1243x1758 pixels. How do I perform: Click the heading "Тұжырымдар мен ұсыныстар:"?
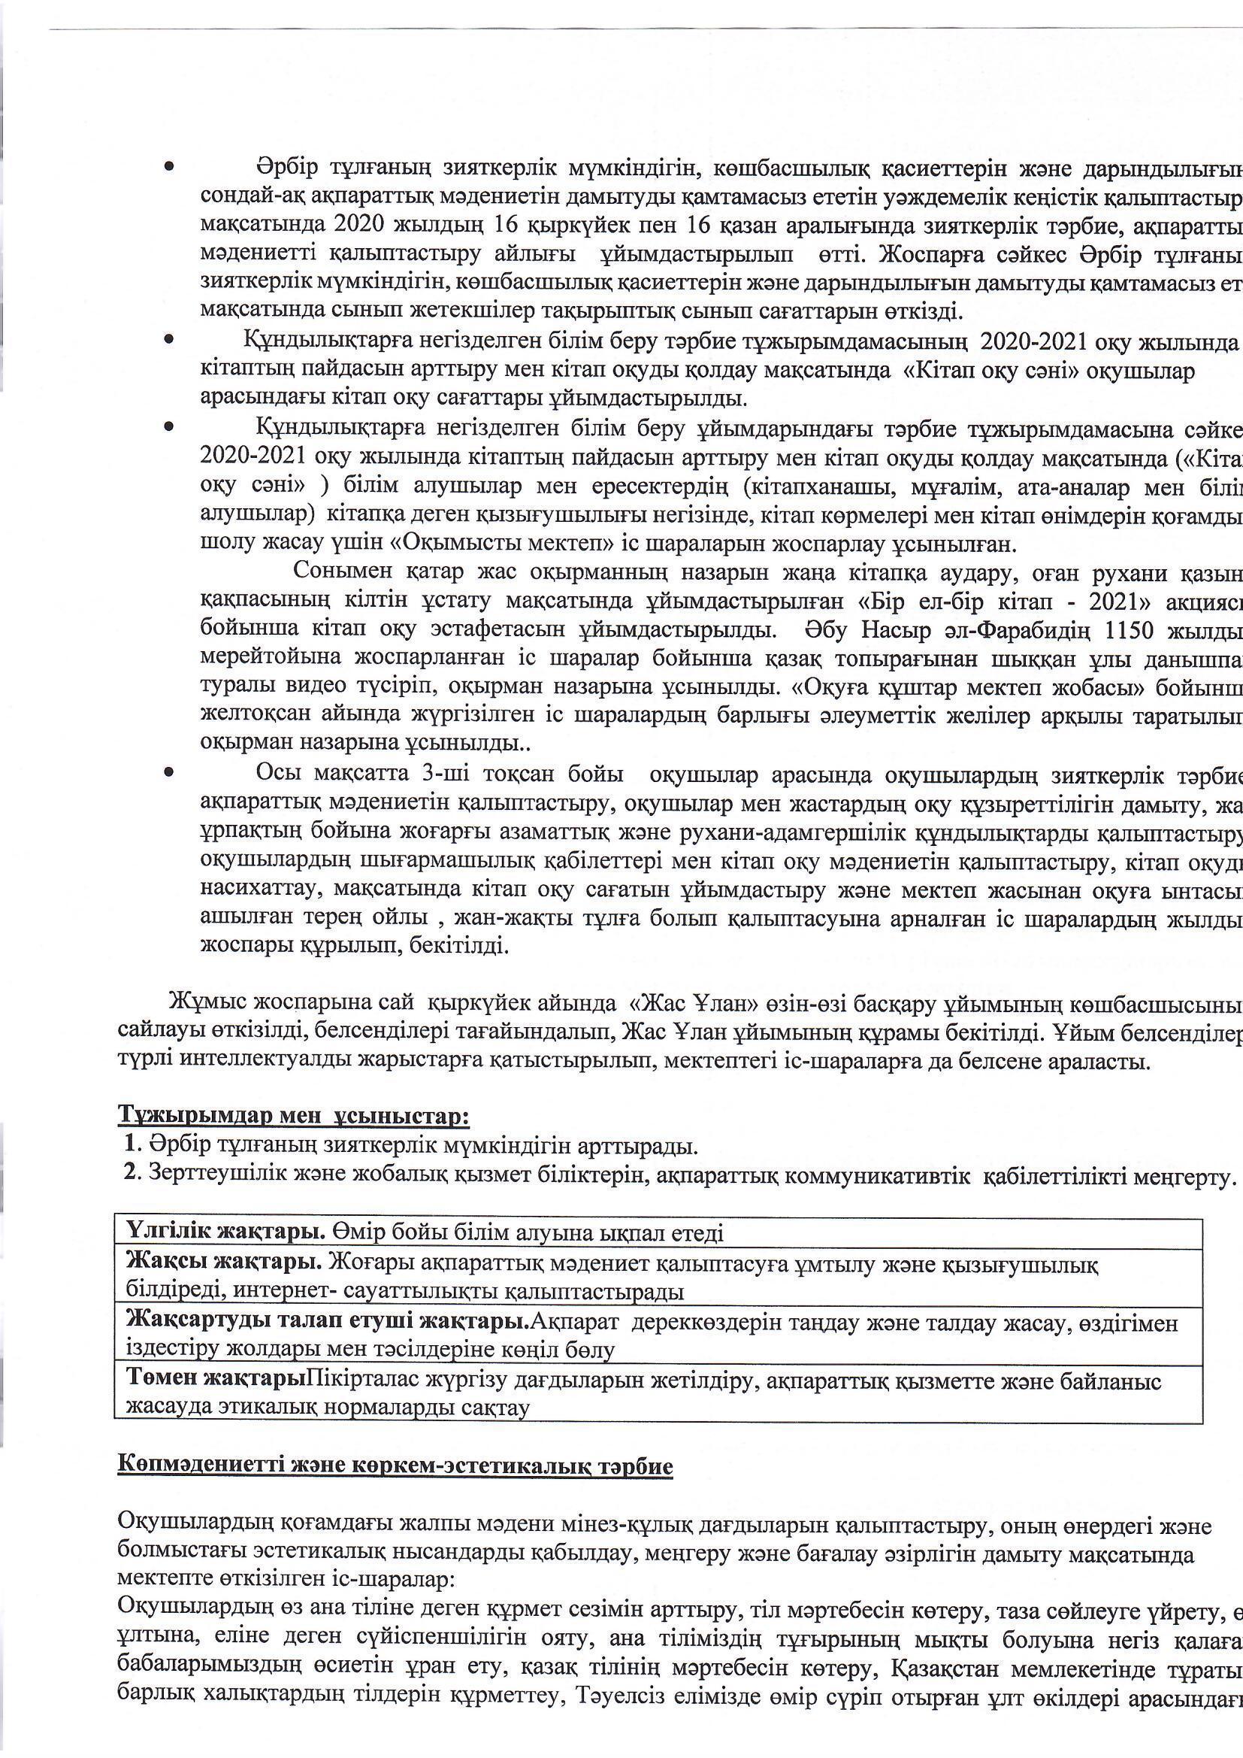click(293, 1116)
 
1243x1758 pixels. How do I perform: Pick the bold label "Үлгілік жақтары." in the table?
click(225, 1232)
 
